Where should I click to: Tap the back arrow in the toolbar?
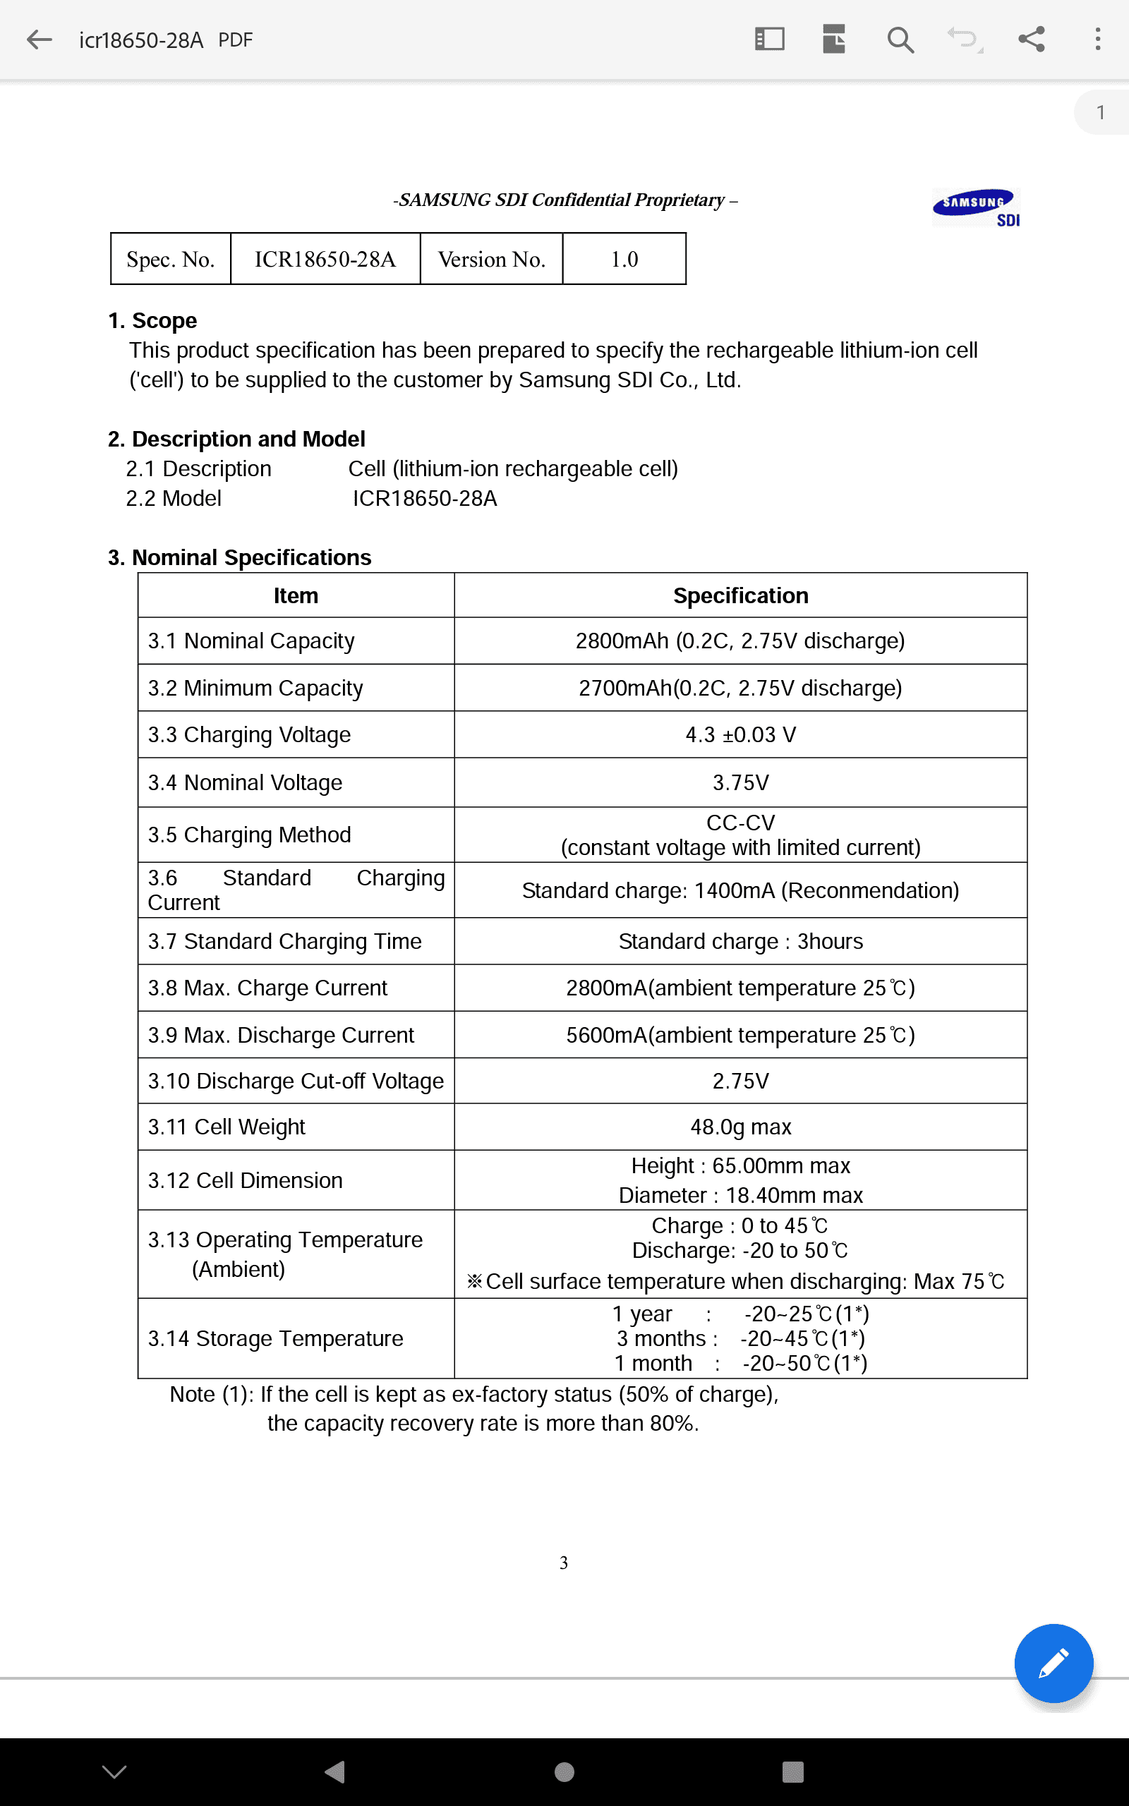39,40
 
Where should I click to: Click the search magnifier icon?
900,40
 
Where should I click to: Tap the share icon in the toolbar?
1031,40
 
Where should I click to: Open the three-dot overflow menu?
1097,40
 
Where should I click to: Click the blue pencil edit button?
1053,1663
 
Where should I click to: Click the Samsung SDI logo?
975,207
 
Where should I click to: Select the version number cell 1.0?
624,259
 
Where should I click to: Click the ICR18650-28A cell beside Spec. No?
325,259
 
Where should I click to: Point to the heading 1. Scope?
152,320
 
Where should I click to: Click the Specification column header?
740,595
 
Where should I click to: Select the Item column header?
296,595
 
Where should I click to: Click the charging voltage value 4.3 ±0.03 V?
740,735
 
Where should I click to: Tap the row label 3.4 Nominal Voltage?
245,783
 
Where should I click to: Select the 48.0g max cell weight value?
740,1127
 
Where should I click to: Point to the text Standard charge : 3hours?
740,942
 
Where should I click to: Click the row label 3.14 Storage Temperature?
274,1339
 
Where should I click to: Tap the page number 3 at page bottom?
564,1562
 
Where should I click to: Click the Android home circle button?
564,1771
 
